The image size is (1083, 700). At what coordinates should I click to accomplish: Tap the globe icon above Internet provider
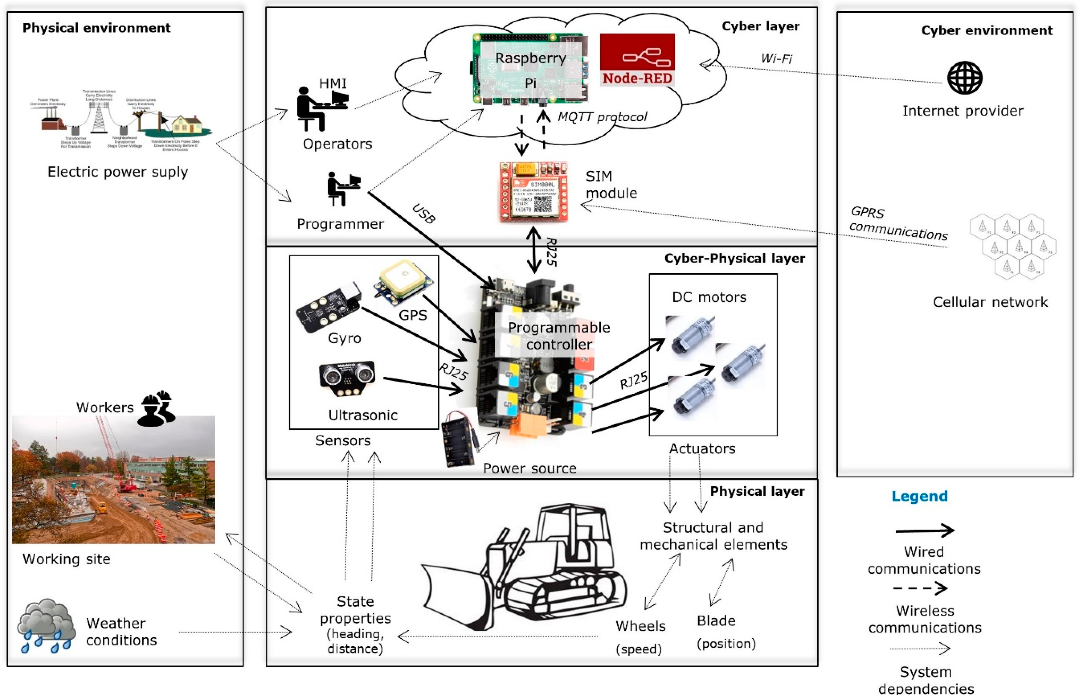coord(964,78)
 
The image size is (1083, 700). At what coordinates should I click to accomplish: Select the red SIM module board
coord(533,192)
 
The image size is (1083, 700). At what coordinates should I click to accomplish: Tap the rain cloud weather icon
coord(47,625)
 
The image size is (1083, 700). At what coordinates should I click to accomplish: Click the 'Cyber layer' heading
coord(760,26)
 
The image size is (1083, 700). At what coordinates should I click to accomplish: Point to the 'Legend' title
coord(919,496)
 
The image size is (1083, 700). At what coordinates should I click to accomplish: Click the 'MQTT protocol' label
coord(602,117)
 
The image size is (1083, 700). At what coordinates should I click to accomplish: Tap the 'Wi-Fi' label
coord(776,59)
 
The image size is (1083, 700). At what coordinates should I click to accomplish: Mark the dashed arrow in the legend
coord(920,588)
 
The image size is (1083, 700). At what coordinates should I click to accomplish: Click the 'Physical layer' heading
coord(757,491)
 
